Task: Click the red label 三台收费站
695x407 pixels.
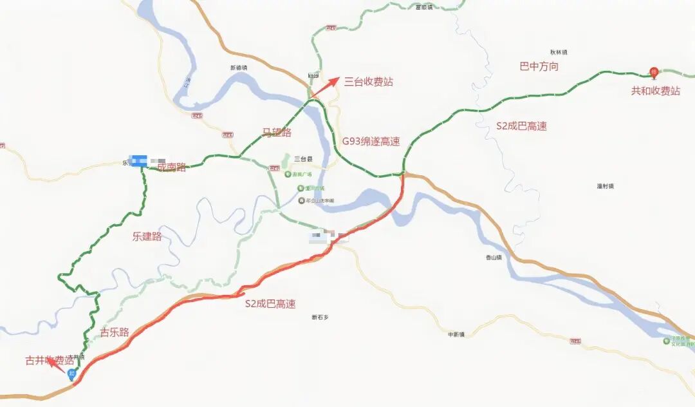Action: click(x=368, y=82)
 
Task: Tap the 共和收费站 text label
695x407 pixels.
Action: click(x=655, y=91)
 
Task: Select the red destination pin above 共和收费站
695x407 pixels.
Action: click(x=654, y=72)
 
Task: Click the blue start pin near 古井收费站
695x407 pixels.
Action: click(x=72, y=374)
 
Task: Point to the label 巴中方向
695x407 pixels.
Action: click(x=539, y=66)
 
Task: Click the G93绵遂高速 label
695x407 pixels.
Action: click(x=371, y=142)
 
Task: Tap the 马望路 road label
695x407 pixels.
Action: click(x=277, y=133)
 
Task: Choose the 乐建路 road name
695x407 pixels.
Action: click(x=147, y=236)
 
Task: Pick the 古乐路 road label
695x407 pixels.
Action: click(x=115, y=332)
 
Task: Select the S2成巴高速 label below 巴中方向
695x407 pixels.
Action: click(x=521, y=126)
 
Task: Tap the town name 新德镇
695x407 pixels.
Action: click(x=239, y=68)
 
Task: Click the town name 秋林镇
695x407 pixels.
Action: click(x=559, y=52)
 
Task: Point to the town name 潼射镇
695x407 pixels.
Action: click(x=605, y=186)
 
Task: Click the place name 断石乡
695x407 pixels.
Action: click(x=320, y=317)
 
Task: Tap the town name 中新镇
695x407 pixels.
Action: click(x=457, y=334)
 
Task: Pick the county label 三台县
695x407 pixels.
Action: click(x=302, y=158)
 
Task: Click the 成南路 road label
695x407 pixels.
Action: click(x=171, y=167)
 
